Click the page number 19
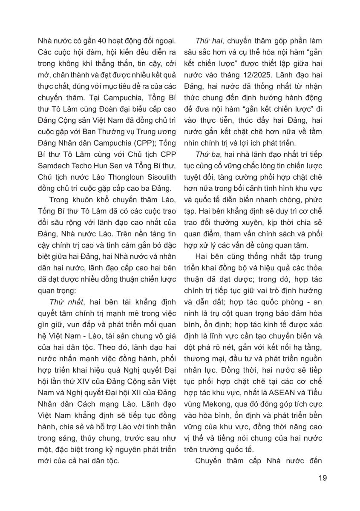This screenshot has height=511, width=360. pos(323,478)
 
